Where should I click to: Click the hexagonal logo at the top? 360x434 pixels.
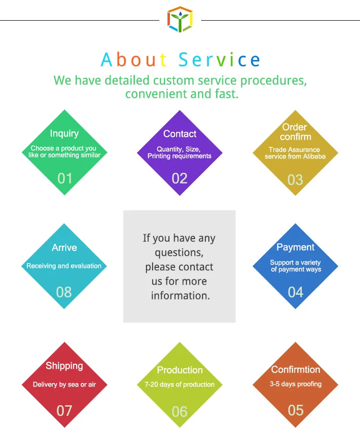(x=180, y=19)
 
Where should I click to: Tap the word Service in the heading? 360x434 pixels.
(x=220, y=60)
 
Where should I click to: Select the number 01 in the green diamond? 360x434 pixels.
(x=65, y=179)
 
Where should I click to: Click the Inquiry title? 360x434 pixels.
(x=64, y=133)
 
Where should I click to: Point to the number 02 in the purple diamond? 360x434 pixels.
(x=180, y=179)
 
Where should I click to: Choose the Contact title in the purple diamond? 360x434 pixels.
(x=180, y=134)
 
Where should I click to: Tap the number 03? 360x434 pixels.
(x=295, y=180)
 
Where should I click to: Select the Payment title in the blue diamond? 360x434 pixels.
(x=295, y=247)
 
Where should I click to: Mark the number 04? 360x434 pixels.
(x=295, y=292)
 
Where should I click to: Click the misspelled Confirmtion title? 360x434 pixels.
(x=296, y=370)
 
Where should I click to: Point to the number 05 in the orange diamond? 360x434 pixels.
(x=296, y=410)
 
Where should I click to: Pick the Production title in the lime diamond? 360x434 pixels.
(x=180, y=370)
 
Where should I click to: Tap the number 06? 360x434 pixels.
(x=180, y=411)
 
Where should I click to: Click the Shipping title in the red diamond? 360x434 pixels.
(x=64, y=366)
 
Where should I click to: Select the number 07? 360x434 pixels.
(x=64, y=411)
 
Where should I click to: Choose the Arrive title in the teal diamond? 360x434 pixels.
(x=64, y=248)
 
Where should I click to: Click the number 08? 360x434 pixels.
(x=64, y=292)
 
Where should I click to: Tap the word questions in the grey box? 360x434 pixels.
(x=179, y=253)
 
